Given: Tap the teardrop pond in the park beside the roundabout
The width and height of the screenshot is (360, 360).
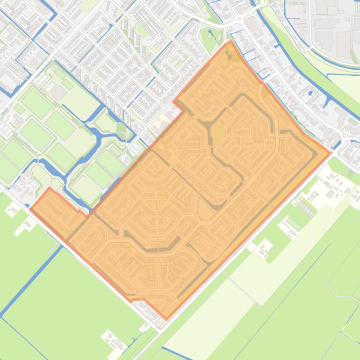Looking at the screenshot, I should [210, 34].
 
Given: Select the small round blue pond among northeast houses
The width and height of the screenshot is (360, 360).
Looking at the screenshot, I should [310, 93].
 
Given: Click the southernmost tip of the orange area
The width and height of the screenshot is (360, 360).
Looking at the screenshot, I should [166, 319].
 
